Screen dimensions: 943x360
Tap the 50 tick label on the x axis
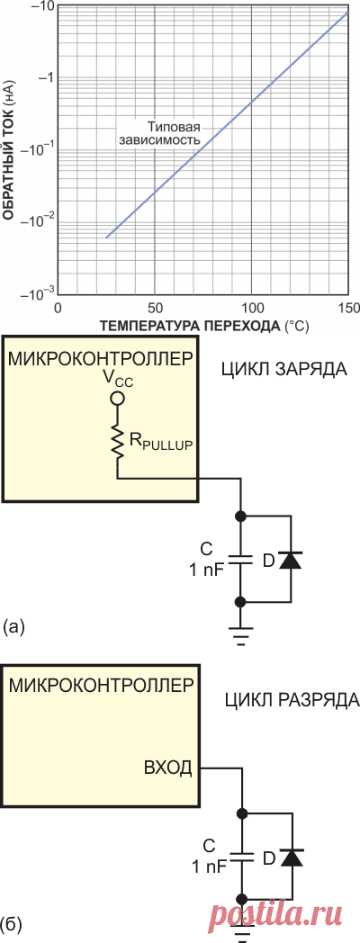click(x=155, y=308)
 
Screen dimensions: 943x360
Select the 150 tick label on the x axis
click(x=347, y=308)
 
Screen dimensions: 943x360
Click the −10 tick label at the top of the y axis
click(x=42, y=6)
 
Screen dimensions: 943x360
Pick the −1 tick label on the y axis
click(x=45, y=76)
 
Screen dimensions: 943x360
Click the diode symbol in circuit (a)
click(x=290, y=559)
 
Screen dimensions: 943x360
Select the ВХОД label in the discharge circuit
click(x=167, y=768)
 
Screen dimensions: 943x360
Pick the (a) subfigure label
click(x=15, y=624)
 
